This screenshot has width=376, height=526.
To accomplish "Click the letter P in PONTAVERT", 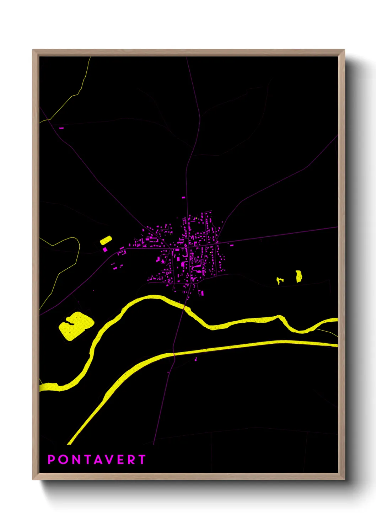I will pyautogui.click(x=51, y=460).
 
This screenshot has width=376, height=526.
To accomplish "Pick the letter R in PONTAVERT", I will pyautogui.click(x=131, y=460).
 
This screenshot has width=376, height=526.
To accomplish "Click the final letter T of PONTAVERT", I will pyautogui.click(x=142, y=460).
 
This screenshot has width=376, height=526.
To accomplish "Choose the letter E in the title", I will pyautogui.click(x=120, y=460).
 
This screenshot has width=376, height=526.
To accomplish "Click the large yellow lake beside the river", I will pyautogui.click(x=76, y=325).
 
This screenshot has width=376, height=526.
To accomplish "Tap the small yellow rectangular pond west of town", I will pyautogui.click(x=106, y=240).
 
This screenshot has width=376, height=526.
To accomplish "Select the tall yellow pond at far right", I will pyautogui.click(x=299, y=276).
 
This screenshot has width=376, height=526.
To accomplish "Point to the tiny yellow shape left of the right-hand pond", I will pyautogui.click(x=279, y=281).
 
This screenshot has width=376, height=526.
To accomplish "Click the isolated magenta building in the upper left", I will pyautogui.click(x=61, y=128).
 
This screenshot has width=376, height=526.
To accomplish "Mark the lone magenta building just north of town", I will pyautogui.click(x=183, y=197).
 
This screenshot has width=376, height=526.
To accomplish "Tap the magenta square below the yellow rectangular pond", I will pyautogui.click(x=105, y=249).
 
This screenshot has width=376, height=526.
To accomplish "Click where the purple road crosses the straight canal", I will pyautogui.click(x=174, y=354).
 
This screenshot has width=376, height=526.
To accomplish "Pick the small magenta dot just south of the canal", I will pyautogui.click(x=195, y=360).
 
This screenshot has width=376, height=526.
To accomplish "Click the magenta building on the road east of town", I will pyautogui.click(x=232, y=245).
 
